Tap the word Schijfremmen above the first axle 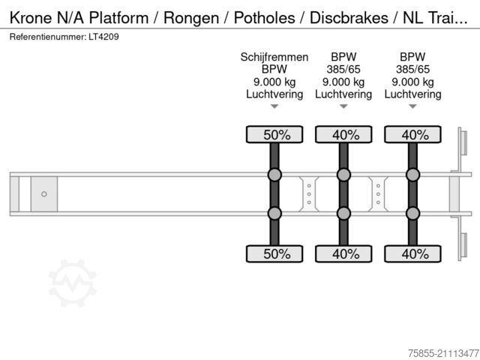pos(274,57)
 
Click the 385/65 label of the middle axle pos(343,70)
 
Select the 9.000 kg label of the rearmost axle pos(412,82)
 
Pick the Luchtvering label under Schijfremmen pos(274,94)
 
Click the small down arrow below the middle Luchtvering pos(343,106)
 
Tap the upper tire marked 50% pos(274,135)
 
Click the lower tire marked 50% pos(274,253)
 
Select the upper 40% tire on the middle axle pos(343,135)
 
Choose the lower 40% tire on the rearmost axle pos(412,253)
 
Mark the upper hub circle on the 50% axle pos(274,175)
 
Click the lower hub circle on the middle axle pos(343,213)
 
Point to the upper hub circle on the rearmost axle pos(412,175)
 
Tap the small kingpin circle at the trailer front pos(44,194)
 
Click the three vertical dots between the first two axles pos(309,194)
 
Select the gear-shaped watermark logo pos(73,283)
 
